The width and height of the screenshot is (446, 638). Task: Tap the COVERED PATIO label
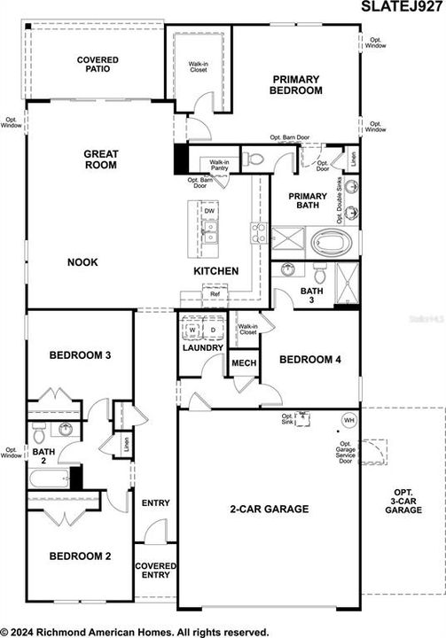click(98, 64)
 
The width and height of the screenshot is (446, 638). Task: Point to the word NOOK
click(82, 262)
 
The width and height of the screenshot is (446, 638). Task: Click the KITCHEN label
click(216, 270)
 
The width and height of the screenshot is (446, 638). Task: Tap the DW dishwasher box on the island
click(209, 211)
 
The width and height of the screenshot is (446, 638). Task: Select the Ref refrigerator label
click(215, 294)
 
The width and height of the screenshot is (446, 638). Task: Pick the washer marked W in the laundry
click(192, 331)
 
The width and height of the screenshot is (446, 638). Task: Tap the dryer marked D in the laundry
click(213, 331)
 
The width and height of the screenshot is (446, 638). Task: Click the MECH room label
click(243, 363)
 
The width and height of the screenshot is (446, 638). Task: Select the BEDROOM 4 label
click(310, 359)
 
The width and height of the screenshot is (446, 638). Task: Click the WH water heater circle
click(348, 420)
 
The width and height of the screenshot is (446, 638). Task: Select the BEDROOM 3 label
click(80, 355)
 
